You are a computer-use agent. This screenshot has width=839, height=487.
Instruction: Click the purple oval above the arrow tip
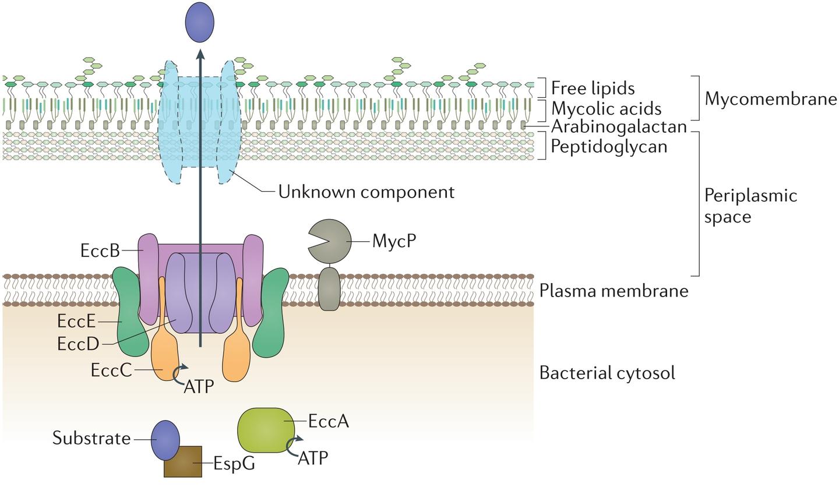pyautogui.click(x=199, y=22)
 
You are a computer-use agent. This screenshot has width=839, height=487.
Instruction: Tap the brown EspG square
pyautogui.click(x=183, y=462)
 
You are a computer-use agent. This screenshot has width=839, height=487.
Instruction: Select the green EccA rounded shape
pyautogui.click(x=266, y=430)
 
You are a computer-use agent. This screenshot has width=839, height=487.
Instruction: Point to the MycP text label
pyautogui.click(x=394, y=240)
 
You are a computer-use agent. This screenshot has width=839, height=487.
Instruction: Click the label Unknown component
pyautogui.click(x=366, y=192)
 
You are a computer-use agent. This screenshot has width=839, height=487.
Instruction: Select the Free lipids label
pyautogui.click(x=593, y=88)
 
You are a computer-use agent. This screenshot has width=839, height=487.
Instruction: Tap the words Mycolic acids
pyautogui.click(x=606, y=108)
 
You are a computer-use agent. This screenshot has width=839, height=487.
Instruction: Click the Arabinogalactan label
pyautogui.click(x=619, y=126)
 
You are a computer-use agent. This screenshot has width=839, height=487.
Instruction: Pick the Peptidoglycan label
pyautogui.click(x=609, y=146)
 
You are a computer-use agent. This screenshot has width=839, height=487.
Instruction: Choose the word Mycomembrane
pyautogui.click(x=770, y=98)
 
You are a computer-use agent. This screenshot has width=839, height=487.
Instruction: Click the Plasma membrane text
pyautogui.click(x=614, y=290)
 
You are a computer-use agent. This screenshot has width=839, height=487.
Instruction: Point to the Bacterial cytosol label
pyautogui.click(x=607, y=373)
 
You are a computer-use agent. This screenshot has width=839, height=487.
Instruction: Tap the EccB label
pyautogui.click(x=100, y=250)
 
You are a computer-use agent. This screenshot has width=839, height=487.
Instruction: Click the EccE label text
pyautogui.click(x=76, y=321)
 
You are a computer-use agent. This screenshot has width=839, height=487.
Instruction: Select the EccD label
pyautogui.click(x=79, y=344)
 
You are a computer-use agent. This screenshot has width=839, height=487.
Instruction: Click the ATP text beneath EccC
pyautogui.click(x=199, y=386)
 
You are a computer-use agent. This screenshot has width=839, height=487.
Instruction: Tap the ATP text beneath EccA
pyautogui.click(x=313, y=458)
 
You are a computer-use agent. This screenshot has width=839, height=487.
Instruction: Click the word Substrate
pyautogui.click(x=91, y=438)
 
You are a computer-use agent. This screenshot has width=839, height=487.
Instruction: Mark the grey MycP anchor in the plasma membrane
pyautogui.click(x=329, y=289)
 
